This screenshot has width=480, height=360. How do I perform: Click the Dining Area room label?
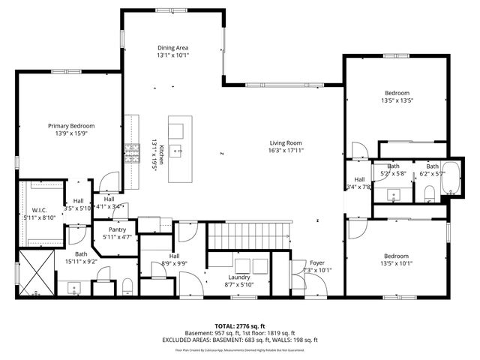[173, 46]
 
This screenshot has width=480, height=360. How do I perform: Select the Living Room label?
[286, 142]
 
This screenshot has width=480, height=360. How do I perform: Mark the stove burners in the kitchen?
[133, 153]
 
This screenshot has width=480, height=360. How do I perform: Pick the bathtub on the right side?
[451, 178]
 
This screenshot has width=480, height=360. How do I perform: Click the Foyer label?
[317, 262]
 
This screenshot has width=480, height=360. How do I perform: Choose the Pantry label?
[117, 229]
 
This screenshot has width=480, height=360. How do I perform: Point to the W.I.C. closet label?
[40, 210]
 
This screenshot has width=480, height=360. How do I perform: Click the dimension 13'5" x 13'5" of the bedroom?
[397, 100]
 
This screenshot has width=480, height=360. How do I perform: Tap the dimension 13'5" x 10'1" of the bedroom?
[397, 262]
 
